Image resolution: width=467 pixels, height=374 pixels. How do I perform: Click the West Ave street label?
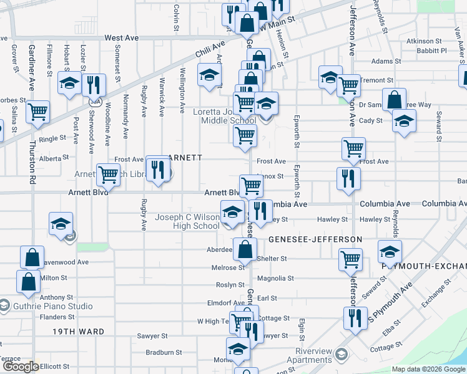[x=122, y=38]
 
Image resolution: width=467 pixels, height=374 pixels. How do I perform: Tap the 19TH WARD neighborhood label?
[x=78, y=332]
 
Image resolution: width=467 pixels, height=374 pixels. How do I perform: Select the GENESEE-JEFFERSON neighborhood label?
[x=315, y=239]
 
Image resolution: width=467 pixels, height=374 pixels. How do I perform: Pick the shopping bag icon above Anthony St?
[x=28, y=282]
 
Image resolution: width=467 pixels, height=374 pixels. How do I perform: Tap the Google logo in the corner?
[x=20, y=366]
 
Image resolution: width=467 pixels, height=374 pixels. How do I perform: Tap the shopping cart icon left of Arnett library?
[x=109, y=176]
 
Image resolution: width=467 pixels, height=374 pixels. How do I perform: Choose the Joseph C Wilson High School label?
[x=187, y=221]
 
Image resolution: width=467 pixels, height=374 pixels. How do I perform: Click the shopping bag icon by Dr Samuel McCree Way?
[x=395, y=100]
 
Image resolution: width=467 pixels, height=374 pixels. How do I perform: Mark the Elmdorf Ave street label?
[x=225, y=303]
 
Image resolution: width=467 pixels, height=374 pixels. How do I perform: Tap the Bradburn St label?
[x=163, y=352]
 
